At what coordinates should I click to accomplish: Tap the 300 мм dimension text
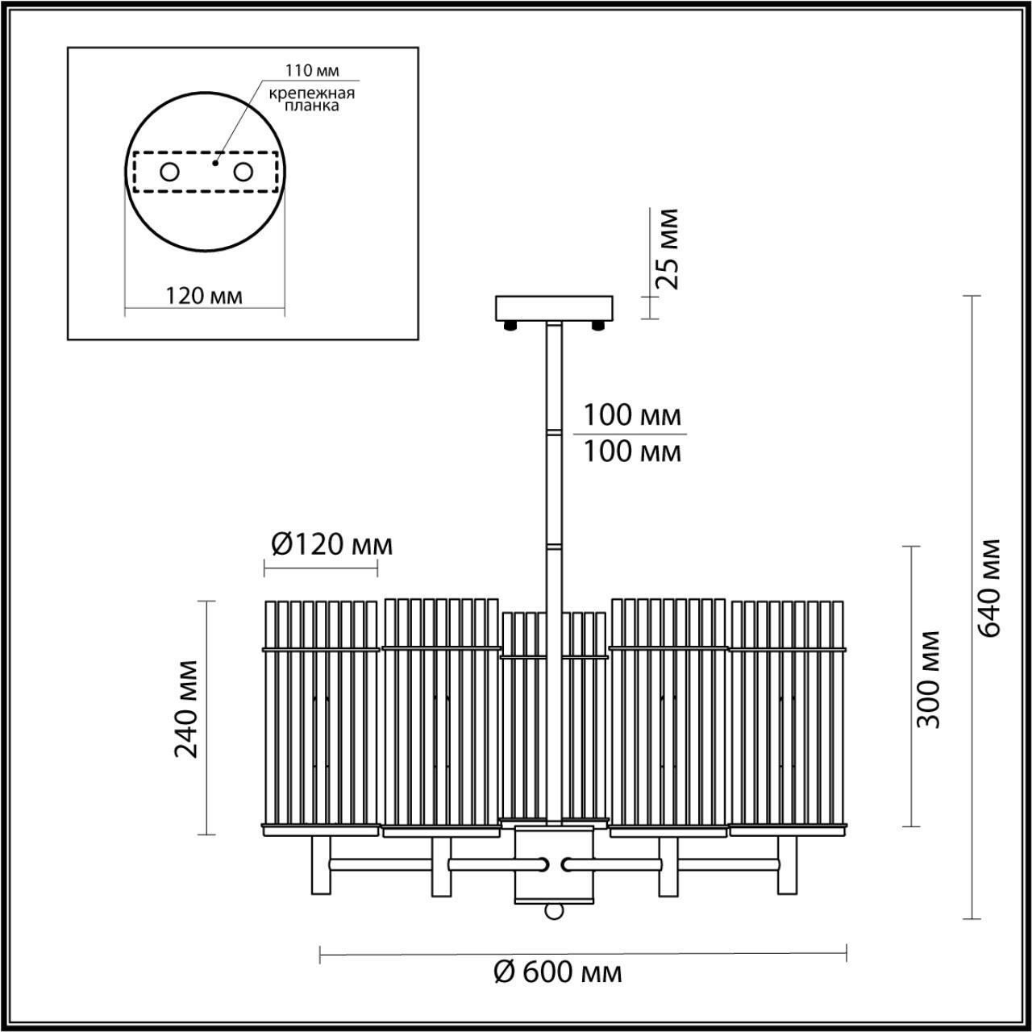click(929, 679)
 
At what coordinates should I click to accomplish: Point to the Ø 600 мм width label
click(558, 972)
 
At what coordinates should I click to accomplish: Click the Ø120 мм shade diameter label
click(331, 546)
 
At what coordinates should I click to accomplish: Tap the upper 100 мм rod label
click(632, 416)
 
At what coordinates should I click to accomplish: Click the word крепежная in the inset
click(312, 92)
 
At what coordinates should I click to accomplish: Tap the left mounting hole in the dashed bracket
click(169, 172)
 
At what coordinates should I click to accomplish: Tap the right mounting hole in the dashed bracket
click(243, 172)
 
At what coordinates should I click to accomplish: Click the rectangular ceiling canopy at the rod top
click(555, 309)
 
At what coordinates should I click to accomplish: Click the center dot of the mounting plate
click(214, 163)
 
